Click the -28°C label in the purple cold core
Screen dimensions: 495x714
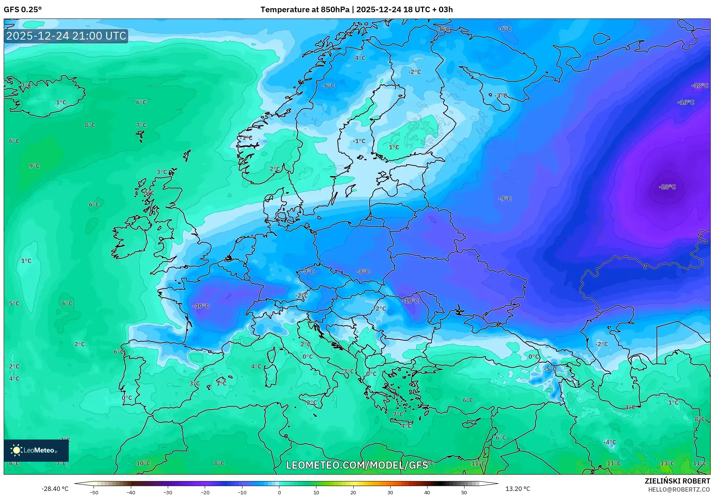click(667, 187)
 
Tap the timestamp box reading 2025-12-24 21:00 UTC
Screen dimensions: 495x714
click(66, 36)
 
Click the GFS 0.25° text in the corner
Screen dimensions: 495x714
click(23, 9)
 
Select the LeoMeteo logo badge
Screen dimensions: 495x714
click(36, 450)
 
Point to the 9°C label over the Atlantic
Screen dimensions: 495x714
click(34, 166)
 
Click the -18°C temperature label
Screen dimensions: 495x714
click(700, 85)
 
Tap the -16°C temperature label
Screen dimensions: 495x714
click(686, 102)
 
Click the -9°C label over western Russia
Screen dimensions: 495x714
click(505, 199)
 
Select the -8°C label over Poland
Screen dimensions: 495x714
click(363, 272)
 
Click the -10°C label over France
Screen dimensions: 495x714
click(201, 306)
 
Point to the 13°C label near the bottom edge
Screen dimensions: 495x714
click(667, 463)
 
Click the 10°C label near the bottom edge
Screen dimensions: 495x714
click(143, 463)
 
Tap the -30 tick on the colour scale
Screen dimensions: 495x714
click(168, 492)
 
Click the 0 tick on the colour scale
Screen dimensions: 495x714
click(279, 492)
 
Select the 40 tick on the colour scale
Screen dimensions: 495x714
click(427, 492)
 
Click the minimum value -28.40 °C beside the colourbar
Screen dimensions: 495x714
click(55, 489)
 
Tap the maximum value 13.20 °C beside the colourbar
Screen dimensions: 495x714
click(517, 489)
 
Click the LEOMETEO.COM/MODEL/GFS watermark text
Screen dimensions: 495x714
click(357, 465)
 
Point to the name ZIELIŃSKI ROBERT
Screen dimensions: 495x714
click(677, 481)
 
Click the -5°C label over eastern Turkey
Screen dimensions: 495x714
click(550, 369)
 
